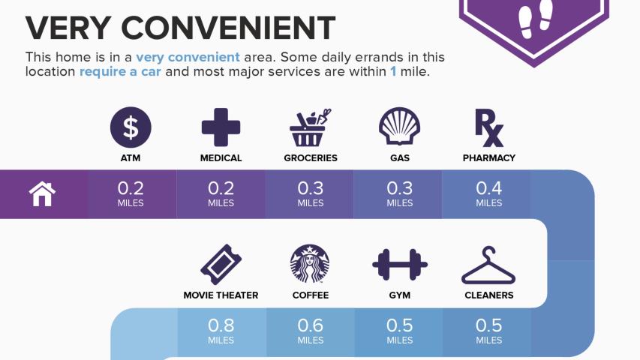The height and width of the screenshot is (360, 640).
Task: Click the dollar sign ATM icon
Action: (x=131, y=127)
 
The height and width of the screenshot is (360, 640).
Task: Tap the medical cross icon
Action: (x=221, y=127)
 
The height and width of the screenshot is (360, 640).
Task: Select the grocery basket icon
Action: (x=310, y=127)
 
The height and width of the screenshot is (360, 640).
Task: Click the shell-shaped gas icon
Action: (x=400, y=127)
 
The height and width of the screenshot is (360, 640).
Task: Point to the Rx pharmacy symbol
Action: (x=489, y=127)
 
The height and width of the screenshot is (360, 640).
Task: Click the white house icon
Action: (x=42, y=194)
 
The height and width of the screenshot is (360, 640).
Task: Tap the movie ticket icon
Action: (x=221, y=265)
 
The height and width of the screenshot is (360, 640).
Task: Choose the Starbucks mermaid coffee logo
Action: (x=310, y=264)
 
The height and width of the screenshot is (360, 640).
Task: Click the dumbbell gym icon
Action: (x=400, y=265)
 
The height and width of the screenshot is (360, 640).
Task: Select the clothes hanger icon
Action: (x=488, y=265)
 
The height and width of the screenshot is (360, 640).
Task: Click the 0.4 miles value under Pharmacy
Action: (x=489, y=193)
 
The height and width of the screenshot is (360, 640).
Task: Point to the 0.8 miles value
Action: (x=221, y=331)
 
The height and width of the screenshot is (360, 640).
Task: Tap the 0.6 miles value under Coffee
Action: (x=310, y=331)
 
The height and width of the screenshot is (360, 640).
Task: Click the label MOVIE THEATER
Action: (x=221, y=295)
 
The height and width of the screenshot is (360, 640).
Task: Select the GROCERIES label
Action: (x=311, y=158)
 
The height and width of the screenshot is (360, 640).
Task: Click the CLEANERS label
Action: (x=489, y=295)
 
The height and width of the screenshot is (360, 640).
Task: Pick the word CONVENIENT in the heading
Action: (x=228, y=28)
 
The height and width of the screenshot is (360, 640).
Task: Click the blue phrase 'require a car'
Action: (x=120, y=71)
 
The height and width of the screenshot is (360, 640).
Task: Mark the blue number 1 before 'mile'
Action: (x=393, y=71)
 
